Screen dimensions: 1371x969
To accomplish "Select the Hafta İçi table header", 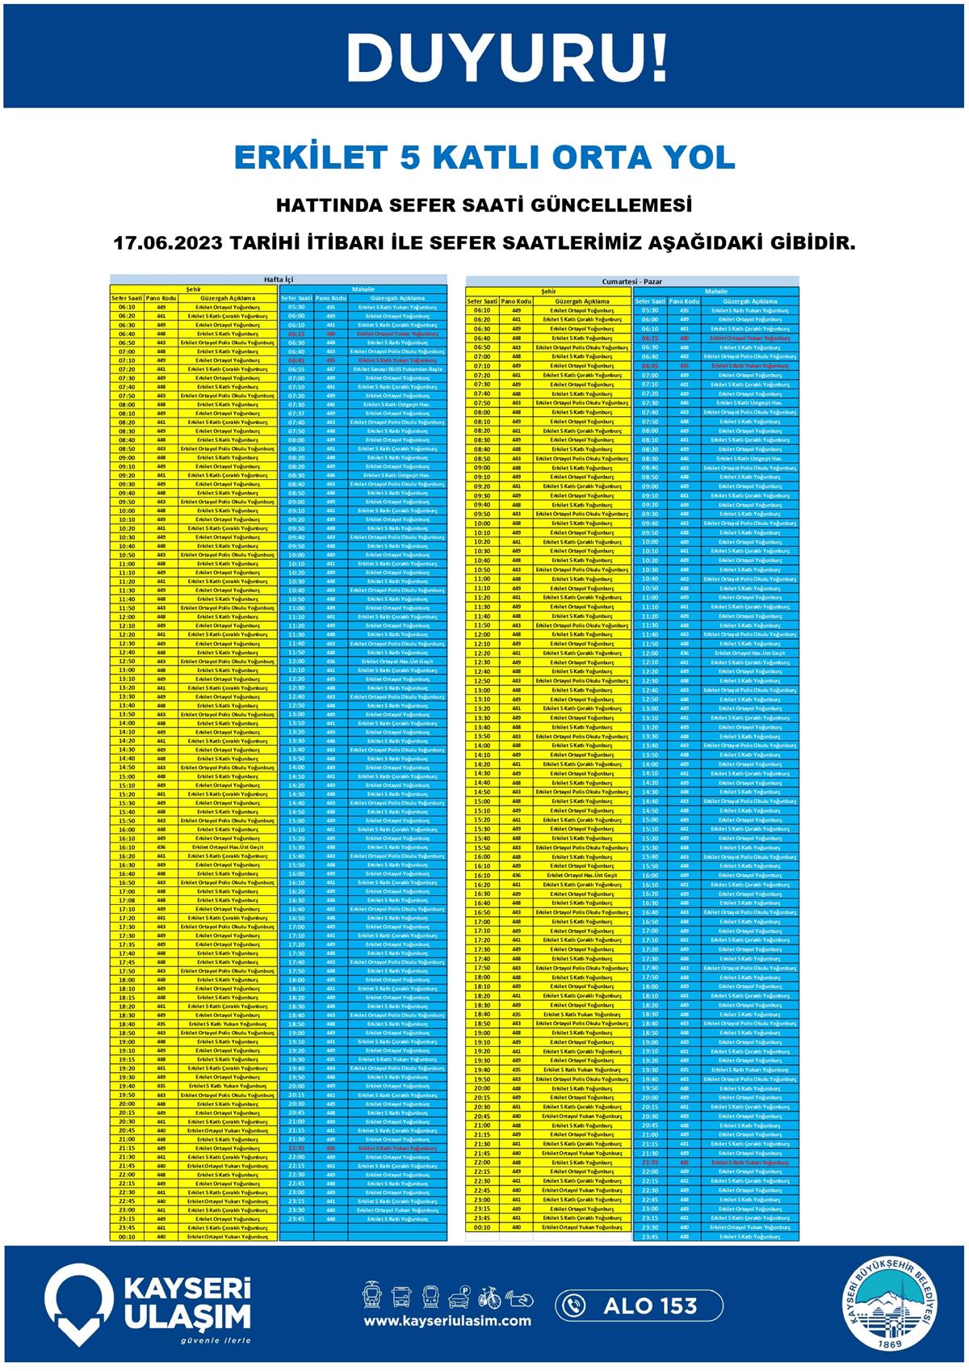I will click(279, 280).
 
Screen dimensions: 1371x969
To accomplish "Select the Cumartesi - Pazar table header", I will click(632, 281).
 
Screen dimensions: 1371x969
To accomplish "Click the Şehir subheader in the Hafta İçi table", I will click(194, 288).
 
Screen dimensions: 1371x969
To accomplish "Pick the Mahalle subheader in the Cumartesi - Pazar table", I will click(715, 291).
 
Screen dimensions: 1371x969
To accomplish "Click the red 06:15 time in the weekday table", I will click(296, 334).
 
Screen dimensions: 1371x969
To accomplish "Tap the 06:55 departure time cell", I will click(296, 369).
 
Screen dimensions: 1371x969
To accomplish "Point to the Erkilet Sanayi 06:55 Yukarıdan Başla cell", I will click(397, 369).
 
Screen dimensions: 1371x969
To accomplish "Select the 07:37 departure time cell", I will click(296, 414).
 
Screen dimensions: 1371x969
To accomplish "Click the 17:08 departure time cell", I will click(127, 900).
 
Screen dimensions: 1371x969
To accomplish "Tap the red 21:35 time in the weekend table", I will click(650, 1163).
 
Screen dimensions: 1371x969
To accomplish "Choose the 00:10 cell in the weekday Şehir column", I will click(127, 1236).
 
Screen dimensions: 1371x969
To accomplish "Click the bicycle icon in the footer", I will click(489, 1298).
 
